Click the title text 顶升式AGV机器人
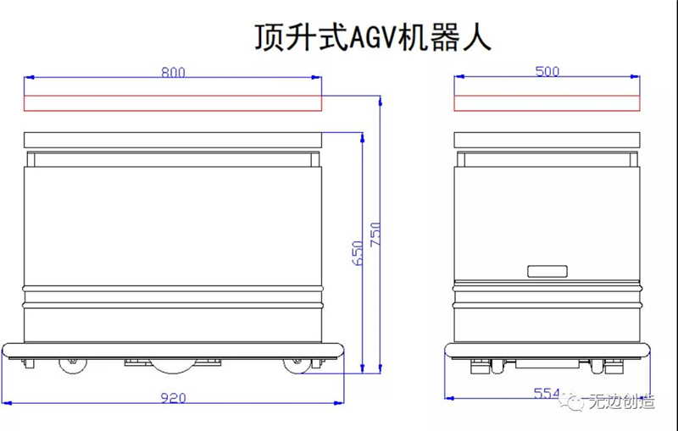(x=373, y=37)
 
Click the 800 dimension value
(x=173, y=72)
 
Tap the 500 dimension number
(x=547, y=72)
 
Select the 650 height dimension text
(x=358, y=254)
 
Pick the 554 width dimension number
(x=547, y=393)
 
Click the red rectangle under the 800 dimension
(x=173, y=103)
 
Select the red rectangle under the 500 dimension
(x=547, y=103)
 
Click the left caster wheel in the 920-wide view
(x=73, y=366)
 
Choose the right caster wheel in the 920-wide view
(x=295, y=366)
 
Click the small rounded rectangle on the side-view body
(x=547, y=272)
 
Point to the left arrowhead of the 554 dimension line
(x=448, y=396)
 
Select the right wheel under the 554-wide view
(x=614, y=366)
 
